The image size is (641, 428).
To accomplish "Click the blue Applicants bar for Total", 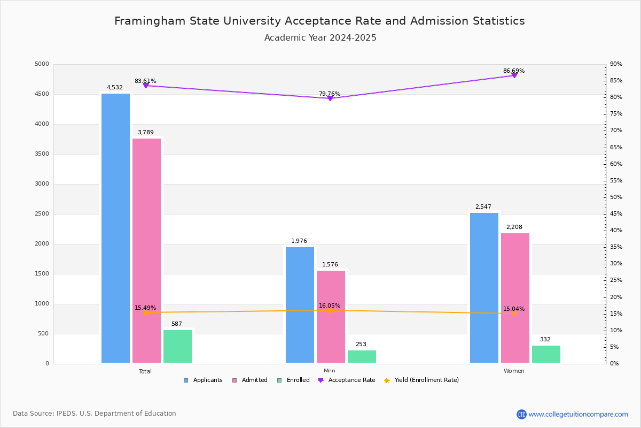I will pyautogui.click(x=115, y=228).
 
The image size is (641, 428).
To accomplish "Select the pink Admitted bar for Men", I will pyautogui.click(x=331, y=317).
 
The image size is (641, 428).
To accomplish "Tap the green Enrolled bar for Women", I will pyautogui.click(x=546, y=354).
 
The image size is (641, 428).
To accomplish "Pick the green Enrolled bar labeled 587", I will pyautogui.click(x=177, y=346).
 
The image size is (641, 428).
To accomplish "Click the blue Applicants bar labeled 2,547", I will pyautogui.click(x=484, y=288).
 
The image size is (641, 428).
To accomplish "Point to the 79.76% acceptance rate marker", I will pyautogui.click(x=330, y=98).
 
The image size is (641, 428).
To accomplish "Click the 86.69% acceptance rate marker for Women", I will pyautogui.click(x=514, y=75).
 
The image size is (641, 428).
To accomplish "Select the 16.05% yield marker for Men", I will pyautogui.click(x=330, y=310).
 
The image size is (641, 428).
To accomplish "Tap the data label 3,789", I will pyautogui.click(x=145, y=133).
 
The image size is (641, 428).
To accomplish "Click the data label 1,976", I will pyautogui.click(x=299, y=241).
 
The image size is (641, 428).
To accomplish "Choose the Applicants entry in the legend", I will pyautogui.click(x=203, y=380).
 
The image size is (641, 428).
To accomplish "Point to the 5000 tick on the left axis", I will pyautogui.click(x=42, y=64).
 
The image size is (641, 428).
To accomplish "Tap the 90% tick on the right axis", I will pyautogui.click(x=616, y=64).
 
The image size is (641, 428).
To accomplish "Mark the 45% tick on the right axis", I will pyautogui.click(x=616, y=214).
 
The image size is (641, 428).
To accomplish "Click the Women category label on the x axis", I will pyautogui.click(x=514, y=371).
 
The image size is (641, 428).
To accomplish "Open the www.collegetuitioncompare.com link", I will pyautogui.click(x=578, y=414).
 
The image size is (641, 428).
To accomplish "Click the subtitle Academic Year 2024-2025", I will pyautogui.click(x=320, y=38).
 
